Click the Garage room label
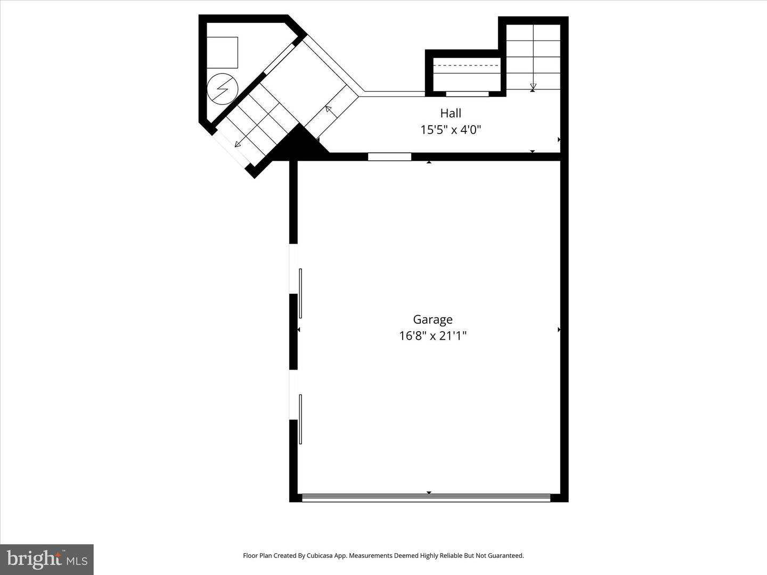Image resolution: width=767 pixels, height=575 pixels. (433, 319)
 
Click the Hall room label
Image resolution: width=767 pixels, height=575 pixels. (451, 113)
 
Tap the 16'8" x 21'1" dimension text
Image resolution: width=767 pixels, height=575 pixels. (433, 336)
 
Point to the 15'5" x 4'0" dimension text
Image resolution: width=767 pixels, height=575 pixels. (451, 129)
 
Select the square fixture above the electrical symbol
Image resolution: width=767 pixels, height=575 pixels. (222, 52)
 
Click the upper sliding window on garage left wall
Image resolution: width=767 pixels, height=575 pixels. (300, 293)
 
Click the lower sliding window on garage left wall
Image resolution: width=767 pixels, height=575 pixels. (300, 419)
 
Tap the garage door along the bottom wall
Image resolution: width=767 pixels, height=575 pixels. (426, 498)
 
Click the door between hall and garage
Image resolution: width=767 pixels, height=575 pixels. (389, 157)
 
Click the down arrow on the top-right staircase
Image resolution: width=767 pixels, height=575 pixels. (533, 86)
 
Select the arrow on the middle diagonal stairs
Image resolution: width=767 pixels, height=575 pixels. (328, 110)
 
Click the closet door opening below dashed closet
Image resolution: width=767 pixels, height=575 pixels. (467, 94)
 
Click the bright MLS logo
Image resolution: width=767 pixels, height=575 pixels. (47, 559)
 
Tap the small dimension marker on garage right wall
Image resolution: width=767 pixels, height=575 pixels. (559, 330)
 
